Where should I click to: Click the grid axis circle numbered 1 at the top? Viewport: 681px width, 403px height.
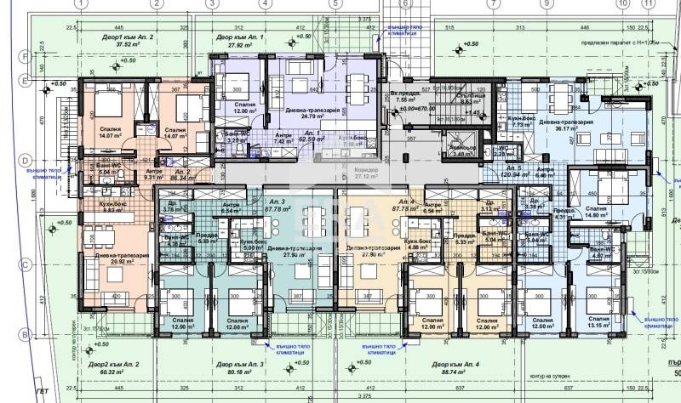coord(81,4)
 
